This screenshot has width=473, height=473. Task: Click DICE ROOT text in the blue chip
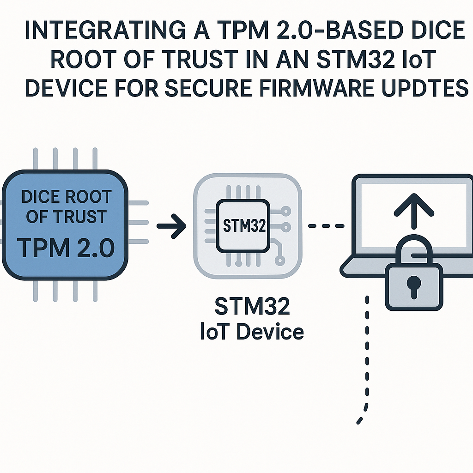(67, 197)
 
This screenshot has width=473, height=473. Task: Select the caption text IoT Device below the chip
(252, 332)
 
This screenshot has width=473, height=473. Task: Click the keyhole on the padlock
(413, 283)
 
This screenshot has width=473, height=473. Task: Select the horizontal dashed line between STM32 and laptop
(327, 226)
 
